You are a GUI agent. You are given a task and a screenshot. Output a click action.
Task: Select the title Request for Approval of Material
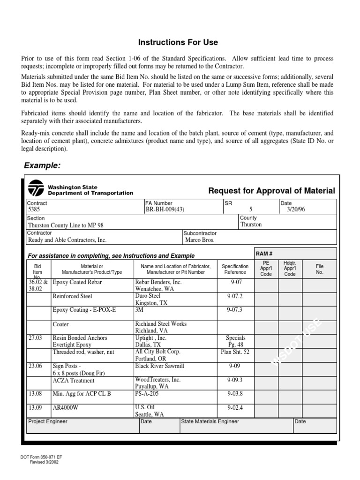coord(271,190)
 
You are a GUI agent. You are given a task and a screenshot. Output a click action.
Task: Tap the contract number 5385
coord(34,210)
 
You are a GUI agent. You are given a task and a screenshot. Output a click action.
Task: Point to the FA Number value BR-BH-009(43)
coord(165,210)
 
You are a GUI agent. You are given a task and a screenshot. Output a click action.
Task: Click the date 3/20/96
coord(296,210)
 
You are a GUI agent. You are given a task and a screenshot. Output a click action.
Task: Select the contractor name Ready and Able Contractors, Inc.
coord(67,240)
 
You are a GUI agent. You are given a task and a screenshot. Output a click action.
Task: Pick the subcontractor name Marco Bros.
coord(200,240)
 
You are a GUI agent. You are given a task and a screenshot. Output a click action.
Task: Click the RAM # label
coord(262,253)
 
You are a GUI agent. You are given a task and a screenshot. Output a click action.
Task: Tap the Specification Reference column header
coord(235,269)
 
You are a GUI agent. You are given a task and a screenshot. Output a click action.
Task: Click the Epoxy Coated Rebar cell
coord(77,283)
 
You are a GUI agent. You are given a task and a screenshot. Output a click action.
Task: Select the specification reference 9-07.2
coord(235,296)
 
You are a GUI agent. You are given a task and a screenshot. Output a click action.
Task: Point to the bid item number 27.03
coord(36,337)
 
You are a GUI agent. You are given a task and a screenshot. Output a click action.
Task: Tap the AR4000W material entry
coord(66,407)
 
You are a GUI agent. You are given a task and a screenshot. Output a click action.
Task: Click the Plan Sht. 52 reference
coord(235,352)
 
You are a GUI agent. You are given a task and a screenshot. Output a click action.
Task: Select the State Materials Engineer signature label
coord(210,421)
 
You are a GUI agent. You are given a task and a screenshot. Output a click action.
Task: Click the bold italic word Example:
coord(42,166)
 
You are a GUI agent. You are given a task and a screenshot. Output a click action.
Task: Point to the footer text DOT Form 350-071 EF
coord(42,457)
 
